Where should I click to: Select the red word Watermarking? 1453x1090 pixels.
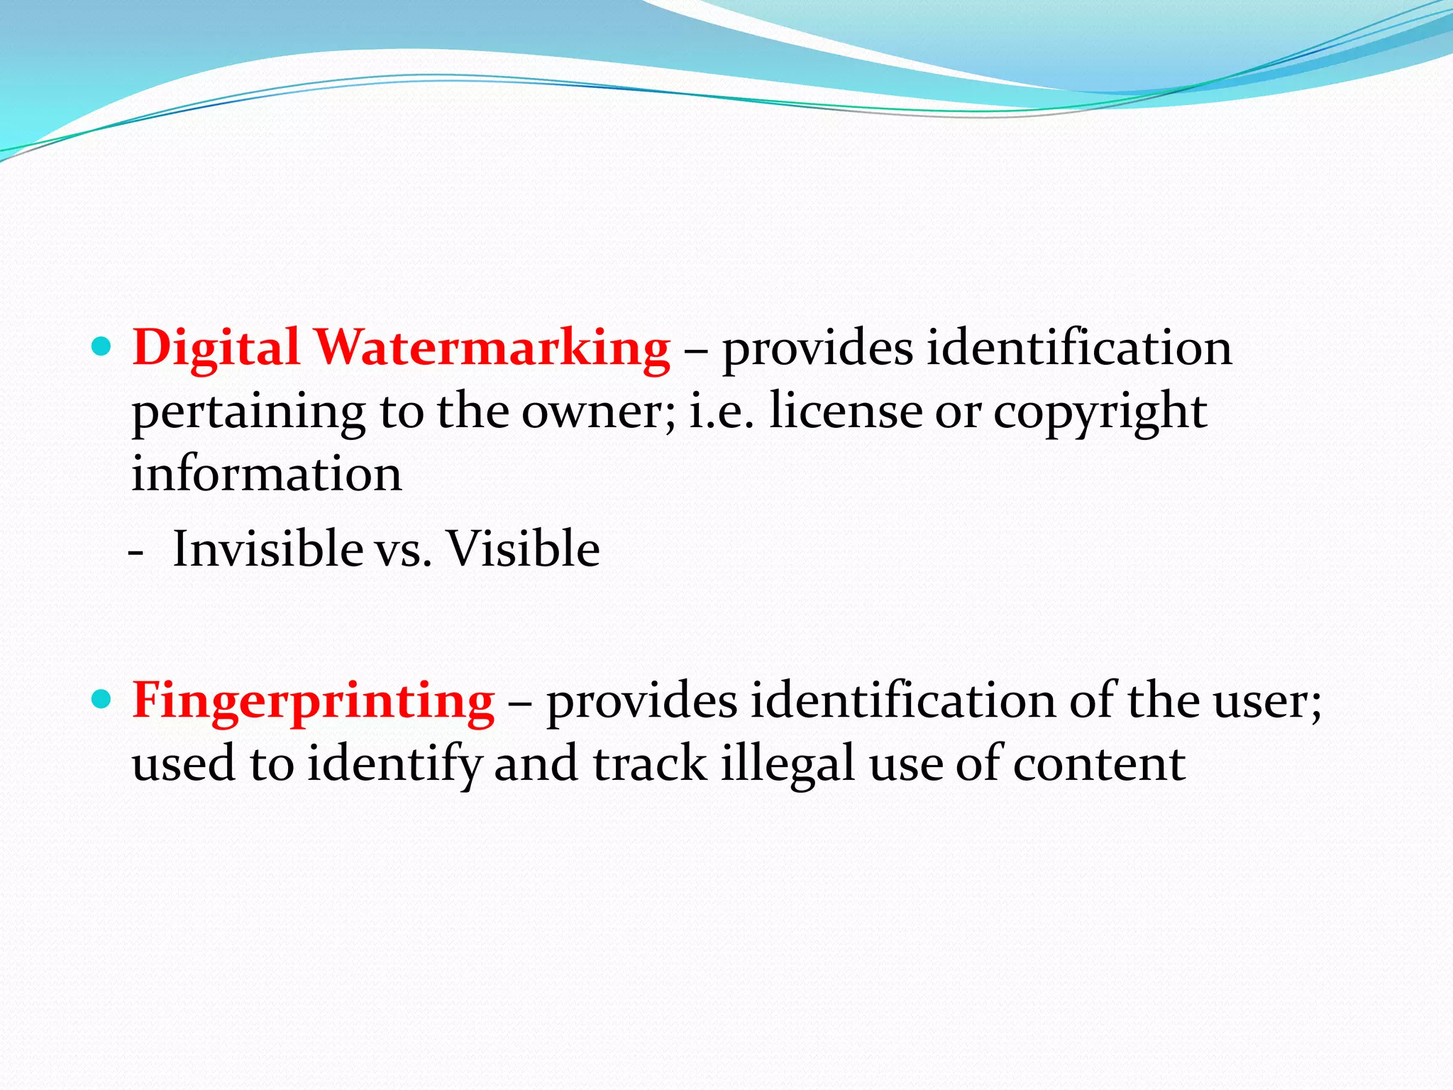[492, 348]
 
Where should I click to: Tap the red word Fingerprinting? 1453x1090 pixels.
[313, 701]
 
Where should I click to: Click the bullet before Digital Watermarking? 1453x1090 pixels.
[102, 347]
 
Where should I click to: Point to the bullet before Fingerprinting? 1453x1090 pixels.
[102, 700]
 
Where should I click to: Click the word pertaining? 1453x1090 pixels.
[248, 412]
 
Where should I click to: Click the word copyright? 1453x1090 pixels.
[1100, 412]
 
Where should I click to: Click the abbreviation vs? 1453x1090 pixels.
[403, 550]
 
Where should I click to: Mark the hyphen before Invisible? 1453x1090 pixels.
[137, 551]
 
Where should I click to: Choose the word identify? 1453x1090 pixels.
[394, 765]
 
